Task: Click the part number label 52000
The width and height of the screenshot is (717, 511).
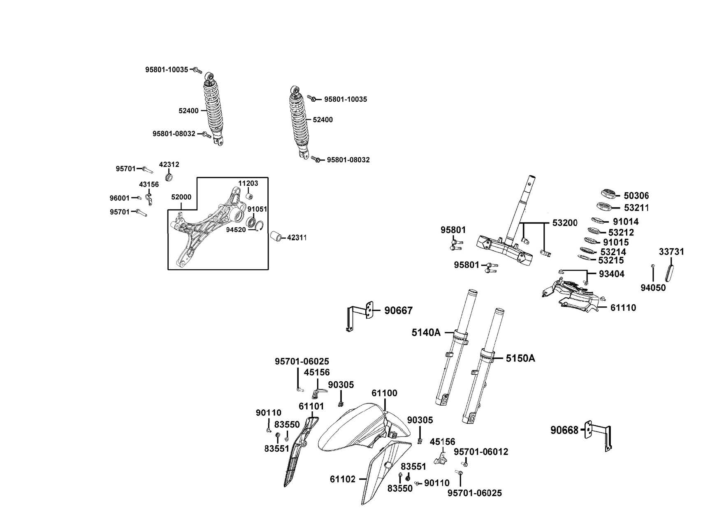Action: (181, 197)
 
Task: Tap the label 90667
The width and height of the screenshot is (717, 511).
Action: (398, 311)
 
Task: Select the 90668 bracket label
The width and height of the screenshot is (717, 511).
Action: (564, 430)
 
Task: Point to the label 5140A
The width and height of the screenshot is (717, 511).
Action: (426, 332)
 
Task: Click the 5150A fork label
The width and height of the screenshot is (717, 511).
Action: (520, 358)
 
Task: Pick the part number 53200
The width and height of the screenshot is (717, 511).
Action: (565, 223)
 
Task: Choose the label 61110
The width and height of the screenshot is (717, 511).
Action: (623, 308)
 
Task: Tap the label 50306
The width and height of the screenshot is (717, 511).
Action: (636, 196)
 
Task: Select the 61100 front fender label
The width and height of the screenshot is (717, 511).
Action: (384, 393)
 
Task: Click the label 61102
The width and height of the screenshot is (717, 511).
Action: (342, 479)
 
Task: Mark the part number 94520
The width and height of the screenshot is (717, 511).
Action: (236, 229)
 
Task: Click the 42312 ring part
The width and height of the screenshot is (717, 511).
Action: (168, 177)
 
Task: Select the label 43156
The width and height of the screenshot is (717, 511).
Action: (149, 185)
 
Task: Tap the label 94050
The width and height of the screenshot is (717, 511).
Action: (653, 288)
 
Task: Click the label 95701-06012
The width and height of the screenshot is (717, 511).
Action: (481, 452)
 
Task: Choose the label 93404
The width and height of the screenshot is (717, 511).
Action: (611, 274)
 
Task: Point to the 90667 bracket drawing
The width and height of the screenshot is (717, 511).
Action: (360, 315)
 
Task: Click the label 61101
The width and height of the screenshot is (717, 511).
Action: (311, 406)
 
